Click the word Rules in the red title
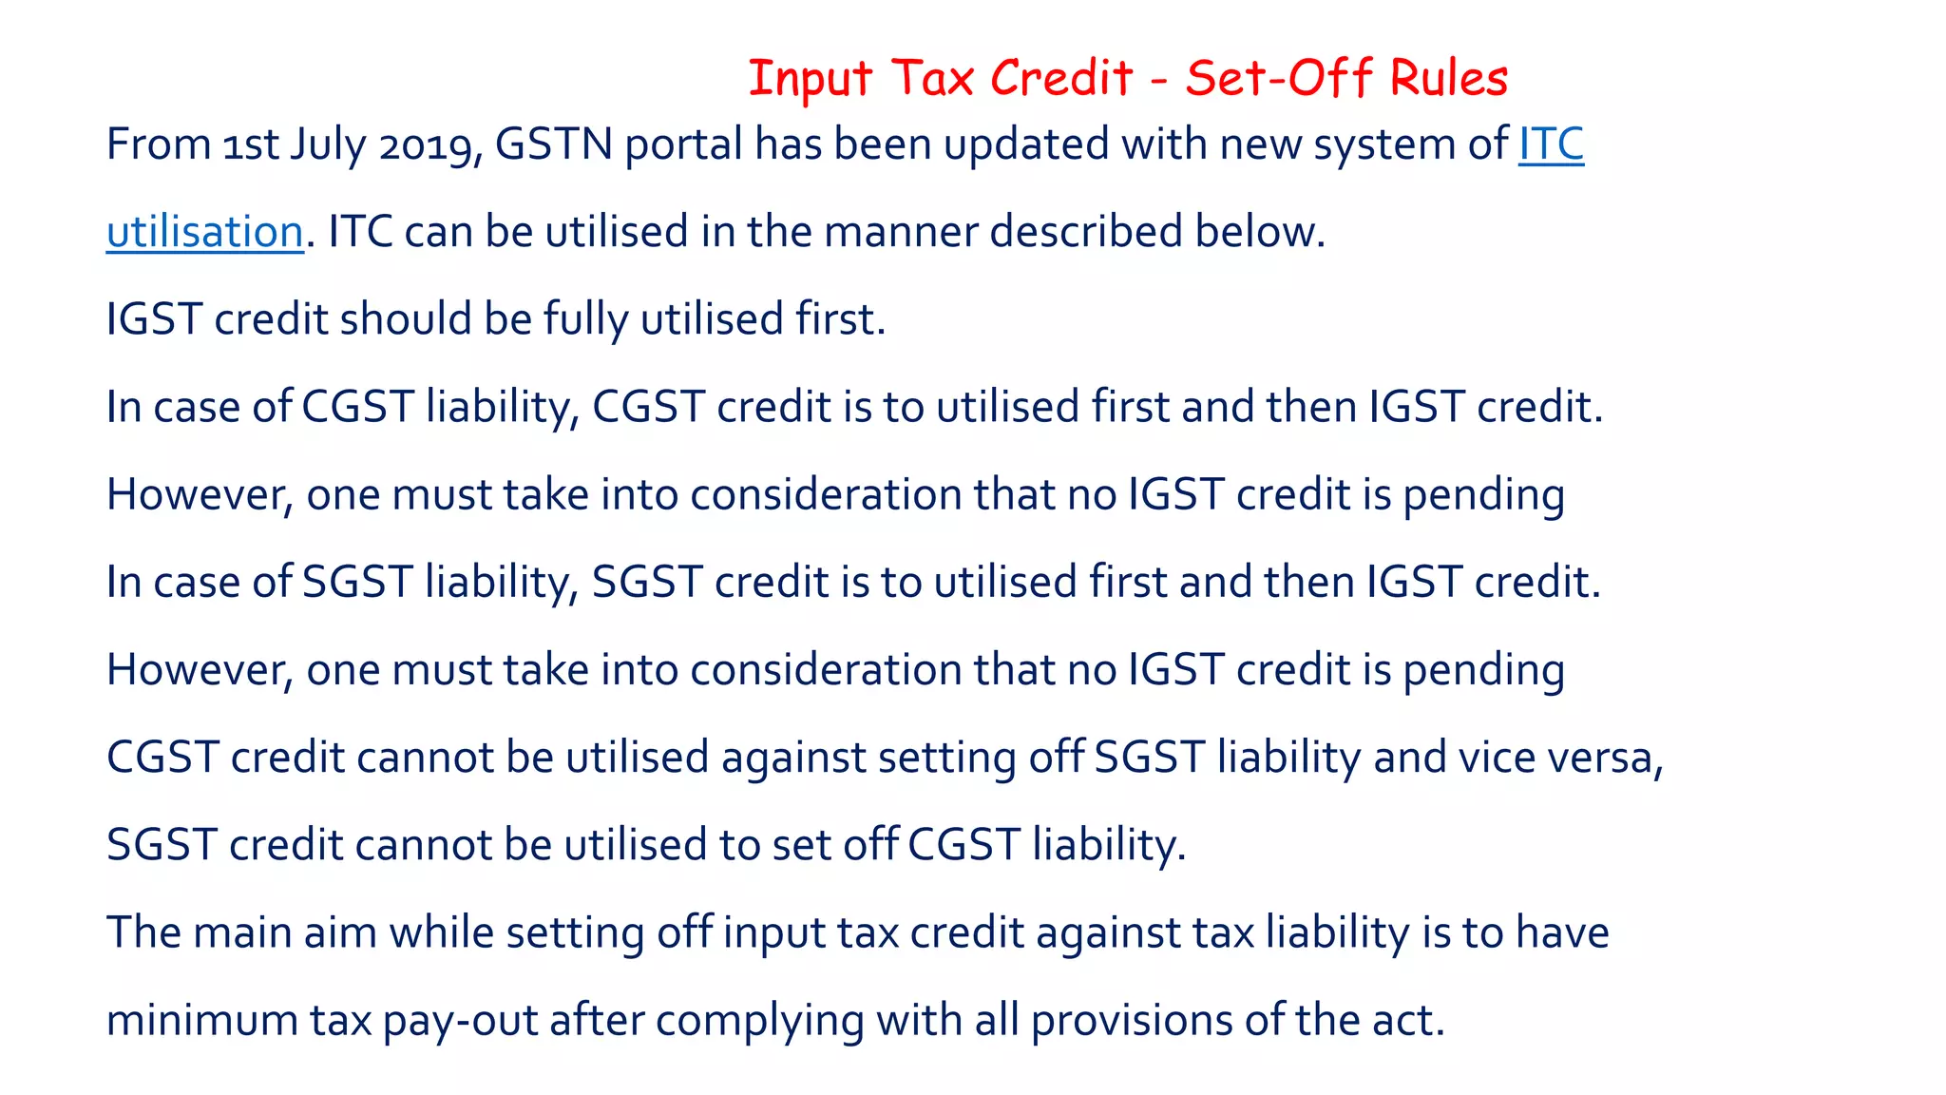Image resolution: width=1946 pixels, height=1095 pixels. tap(1448, 78)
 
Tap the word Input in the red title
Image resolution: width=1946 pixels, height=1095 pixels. tap(810, 78)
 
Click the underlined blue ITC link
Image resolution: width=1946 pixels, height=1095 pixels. tap(1551, 144)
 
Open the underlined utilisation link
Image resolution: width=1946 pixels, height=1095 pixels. tap(204, 232)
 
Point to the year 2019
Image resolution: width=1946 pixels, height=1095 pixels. tap(429, 144)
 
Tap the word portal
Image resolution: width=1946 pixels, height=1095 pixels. tap(683, 144)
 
